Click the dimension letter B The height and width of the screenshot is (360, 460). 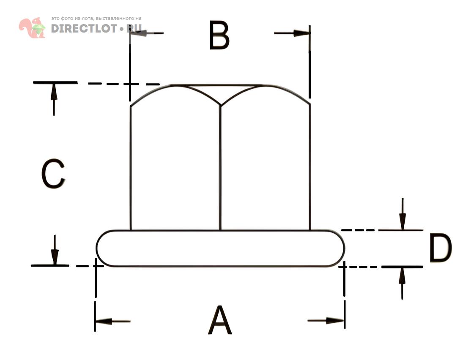click(x=219, y=35)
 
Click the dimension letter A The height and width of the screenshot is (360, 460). click(x=220, y=320)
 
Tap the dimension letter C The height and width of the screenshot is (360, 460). click(x=53, y=174)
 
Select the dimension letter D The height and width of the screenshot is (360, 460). click(x=441, y=248)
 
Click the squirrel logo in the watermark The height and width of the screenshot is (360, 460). click(x=32, y=27)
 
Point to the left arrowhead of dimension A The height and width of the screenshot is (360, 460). click(x=103, y=321)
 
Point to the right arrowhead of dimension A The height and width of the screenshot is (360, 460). click(x=335, y=320)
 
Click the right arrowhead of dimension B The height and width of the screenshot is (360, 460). click(x=301, y=33)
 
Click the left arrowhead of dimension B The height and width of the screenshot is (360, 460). click(x=138, y=33)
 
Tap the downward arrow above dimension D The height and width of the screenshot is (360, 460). click(x=402, y=214)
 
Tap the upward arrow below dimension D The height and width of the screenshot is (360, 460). click(x=402, y=284)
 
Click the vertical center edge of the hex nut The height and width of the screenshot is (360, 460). click(x=220, y=167)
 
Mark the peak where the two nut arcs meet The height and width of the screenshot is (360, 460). click(x=220, y=105)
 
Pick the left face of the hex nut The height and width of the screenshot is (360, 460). click(x=175, y=167)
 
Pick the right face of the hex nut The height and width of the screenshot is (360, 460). click(x=265, y=167)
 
